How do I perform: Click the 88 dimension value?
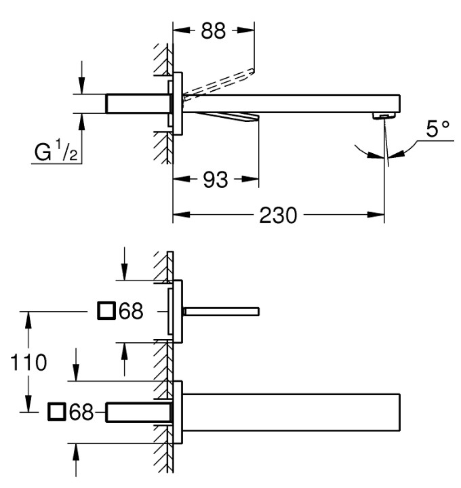coord(214,30)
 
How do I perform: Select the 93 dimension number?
coord(216,180)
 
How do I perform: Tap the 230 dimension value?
coord(278,216)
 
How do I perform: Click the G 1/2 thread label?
coord(56,150)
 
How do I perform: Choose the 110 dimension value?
coord(28,362)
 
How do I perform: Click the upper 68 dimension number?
coord(131,310)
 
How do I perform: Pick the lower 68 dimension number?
coord(81,412)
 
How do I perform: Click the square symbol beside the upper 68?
coord(106,310)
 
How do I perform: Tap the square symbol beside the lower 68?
coord(57,412)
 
